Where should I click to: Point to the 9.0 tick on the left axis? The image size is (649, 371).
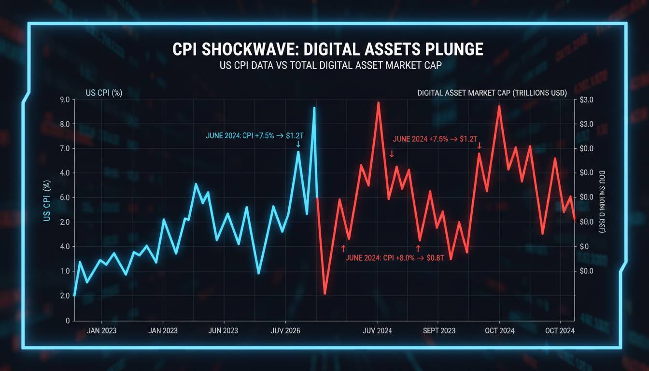click(65, 100)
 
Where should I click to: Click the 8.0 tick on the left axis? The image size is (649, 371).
click(65, 124)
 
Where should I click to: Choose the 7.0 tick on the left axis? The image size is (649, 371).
click(65, 148)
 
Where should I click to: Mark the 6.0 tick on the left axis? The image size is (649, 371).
click(65, 198)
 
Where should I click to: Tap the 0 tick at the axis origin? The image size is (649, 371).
click(68, 320)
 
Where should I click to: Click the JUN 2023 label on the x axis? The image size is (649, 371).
click(223, 331)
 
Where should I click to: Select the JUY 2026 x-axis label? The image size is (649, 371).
click(285, 331)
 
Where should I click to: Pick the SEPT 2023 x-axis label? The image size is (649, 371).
click(438, 331)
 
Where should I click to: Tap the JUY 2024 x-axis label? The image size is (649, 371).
click(377, 331)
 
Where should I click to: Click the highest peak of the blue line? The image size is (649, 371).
click(314, 108)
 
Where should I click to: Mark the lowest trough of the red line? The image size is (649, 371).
click(325, 293)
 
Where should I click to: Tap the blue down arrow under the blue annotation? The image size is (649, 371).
click(298, 144)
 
